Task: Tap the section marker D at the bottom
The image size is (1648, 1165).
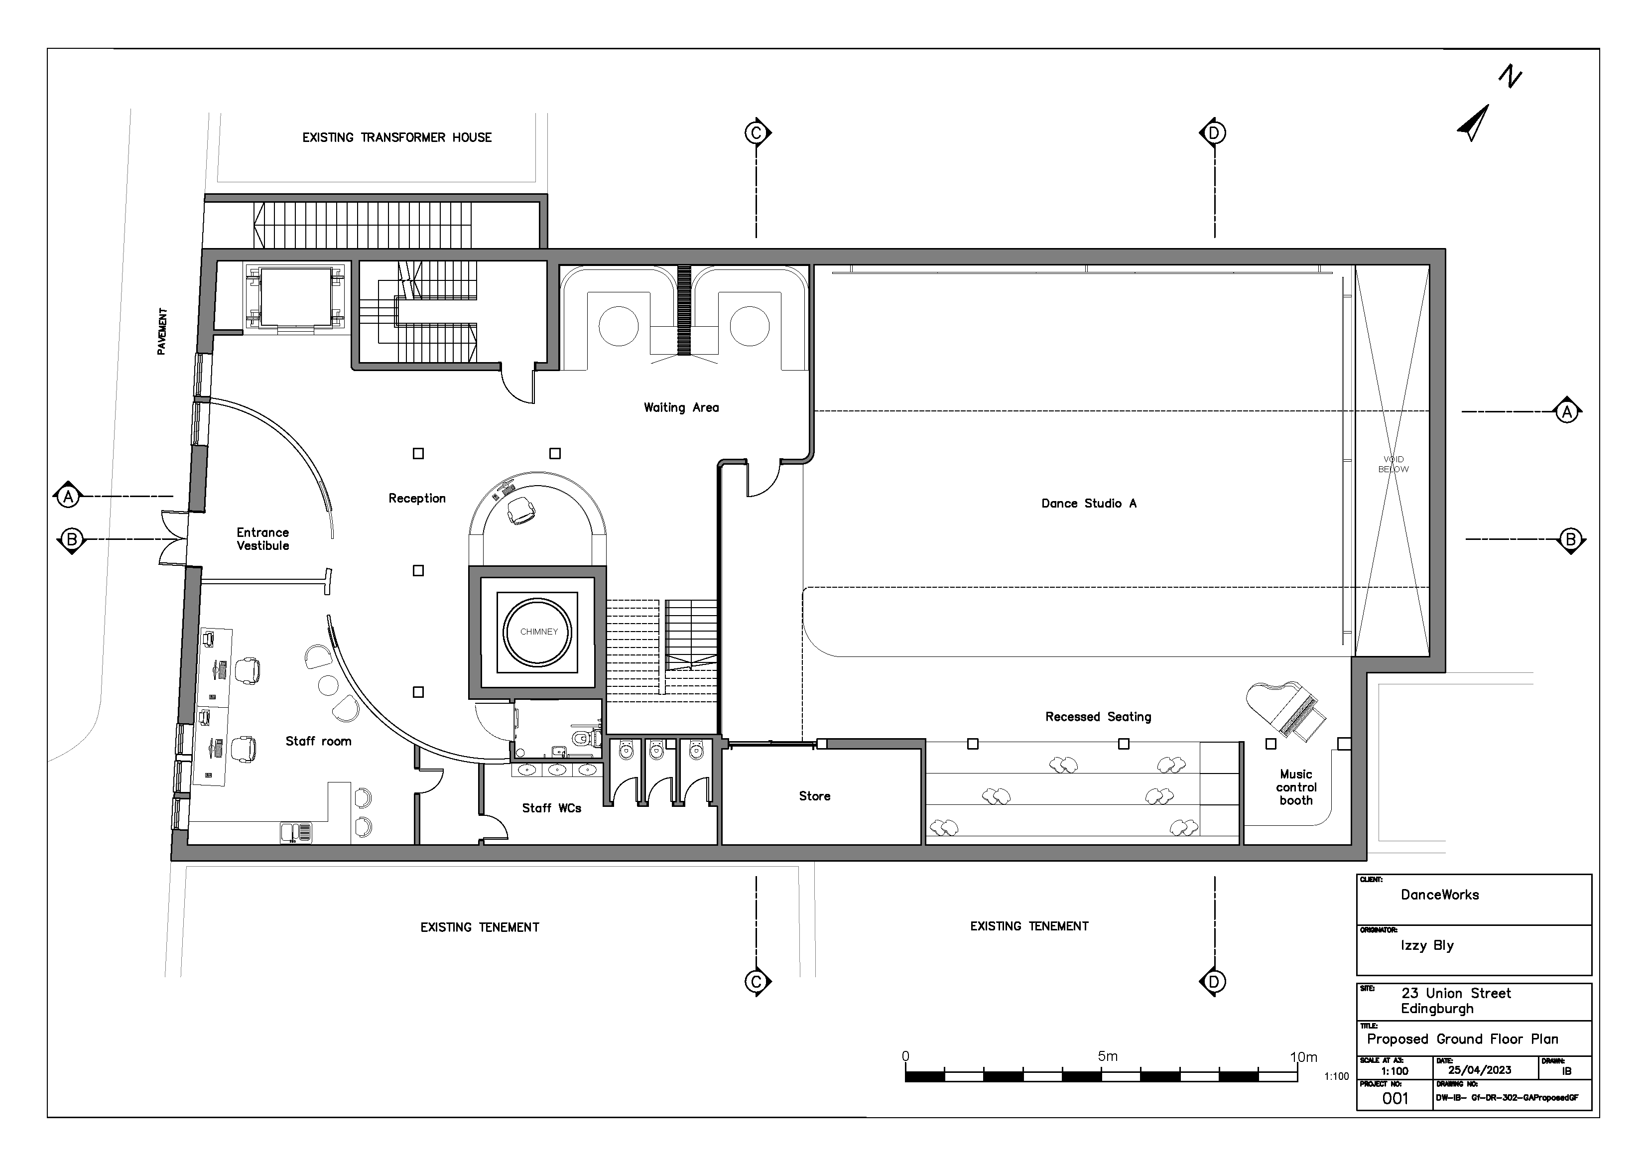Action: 1214,981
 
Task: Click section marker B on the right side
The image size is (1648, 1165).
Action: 1570,540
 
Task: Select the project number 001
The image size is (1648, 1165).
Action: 1394,1098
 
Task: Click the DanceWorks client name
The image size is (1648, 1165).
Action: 1439,895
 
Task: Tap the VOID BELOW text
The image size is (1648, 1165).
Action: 1393,464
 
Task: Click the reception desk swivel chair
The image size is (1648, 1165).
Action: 520,511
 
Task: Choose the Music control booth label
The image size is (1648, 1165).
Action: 1295,787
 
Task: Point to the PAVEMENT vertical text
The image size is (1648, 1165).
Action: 162,332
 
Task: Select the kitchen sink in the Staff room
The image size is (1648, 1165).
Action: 296,833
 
